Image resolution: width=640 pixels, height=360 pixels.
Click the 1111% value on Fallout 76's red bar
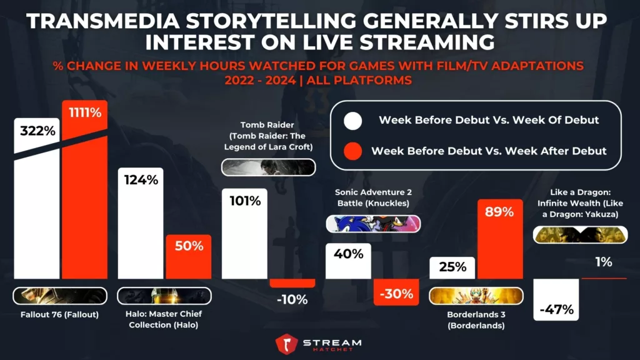84,114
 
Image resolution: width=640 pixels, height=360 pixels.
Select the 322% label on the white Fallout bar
37,132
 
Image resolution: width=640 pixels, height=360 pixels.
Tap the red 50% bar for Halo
188,256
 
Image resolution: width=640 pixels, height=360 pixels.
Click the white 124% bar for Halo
140,225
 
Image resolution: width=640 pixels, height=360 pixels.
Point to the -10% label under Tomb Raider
292,299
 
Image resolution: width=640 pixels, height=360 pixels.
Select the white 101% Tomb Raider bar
245,234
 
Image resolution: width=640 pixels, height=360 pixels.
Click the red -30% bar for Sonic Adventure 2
396,292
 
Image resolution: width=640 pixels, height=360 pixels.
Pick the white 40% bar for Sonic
349,261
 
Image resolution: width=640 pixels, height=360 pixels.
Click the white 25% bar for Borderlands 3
452,267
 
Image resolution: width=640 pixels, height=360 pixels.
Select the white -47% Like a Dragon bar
556,300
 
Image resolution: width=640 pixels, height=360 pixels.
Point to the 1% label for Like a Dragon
603,262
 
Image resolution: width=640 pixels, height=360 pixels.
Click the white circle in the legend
353,120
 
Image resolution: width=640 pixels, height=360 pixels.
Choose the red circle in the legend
353,151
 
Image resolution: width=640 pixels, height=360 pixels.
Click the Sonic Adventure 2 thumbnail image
373,224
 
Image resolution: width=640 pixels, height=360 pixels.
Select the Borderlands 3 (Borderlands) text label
476,319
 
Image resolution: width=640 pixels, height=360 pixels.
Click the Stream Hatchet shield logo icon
287,345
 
